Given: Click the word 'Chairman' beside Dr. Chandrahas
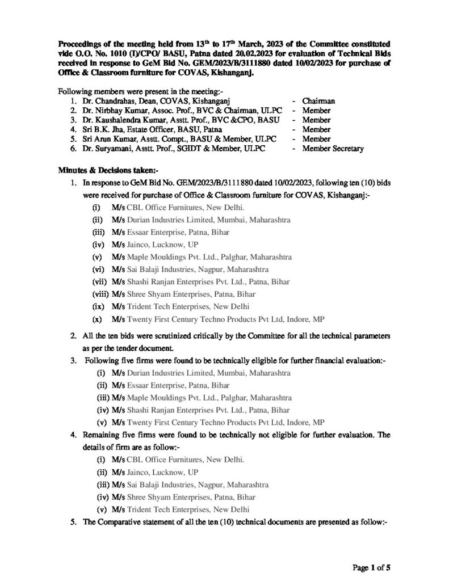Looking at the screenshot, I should click(318, 101).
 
